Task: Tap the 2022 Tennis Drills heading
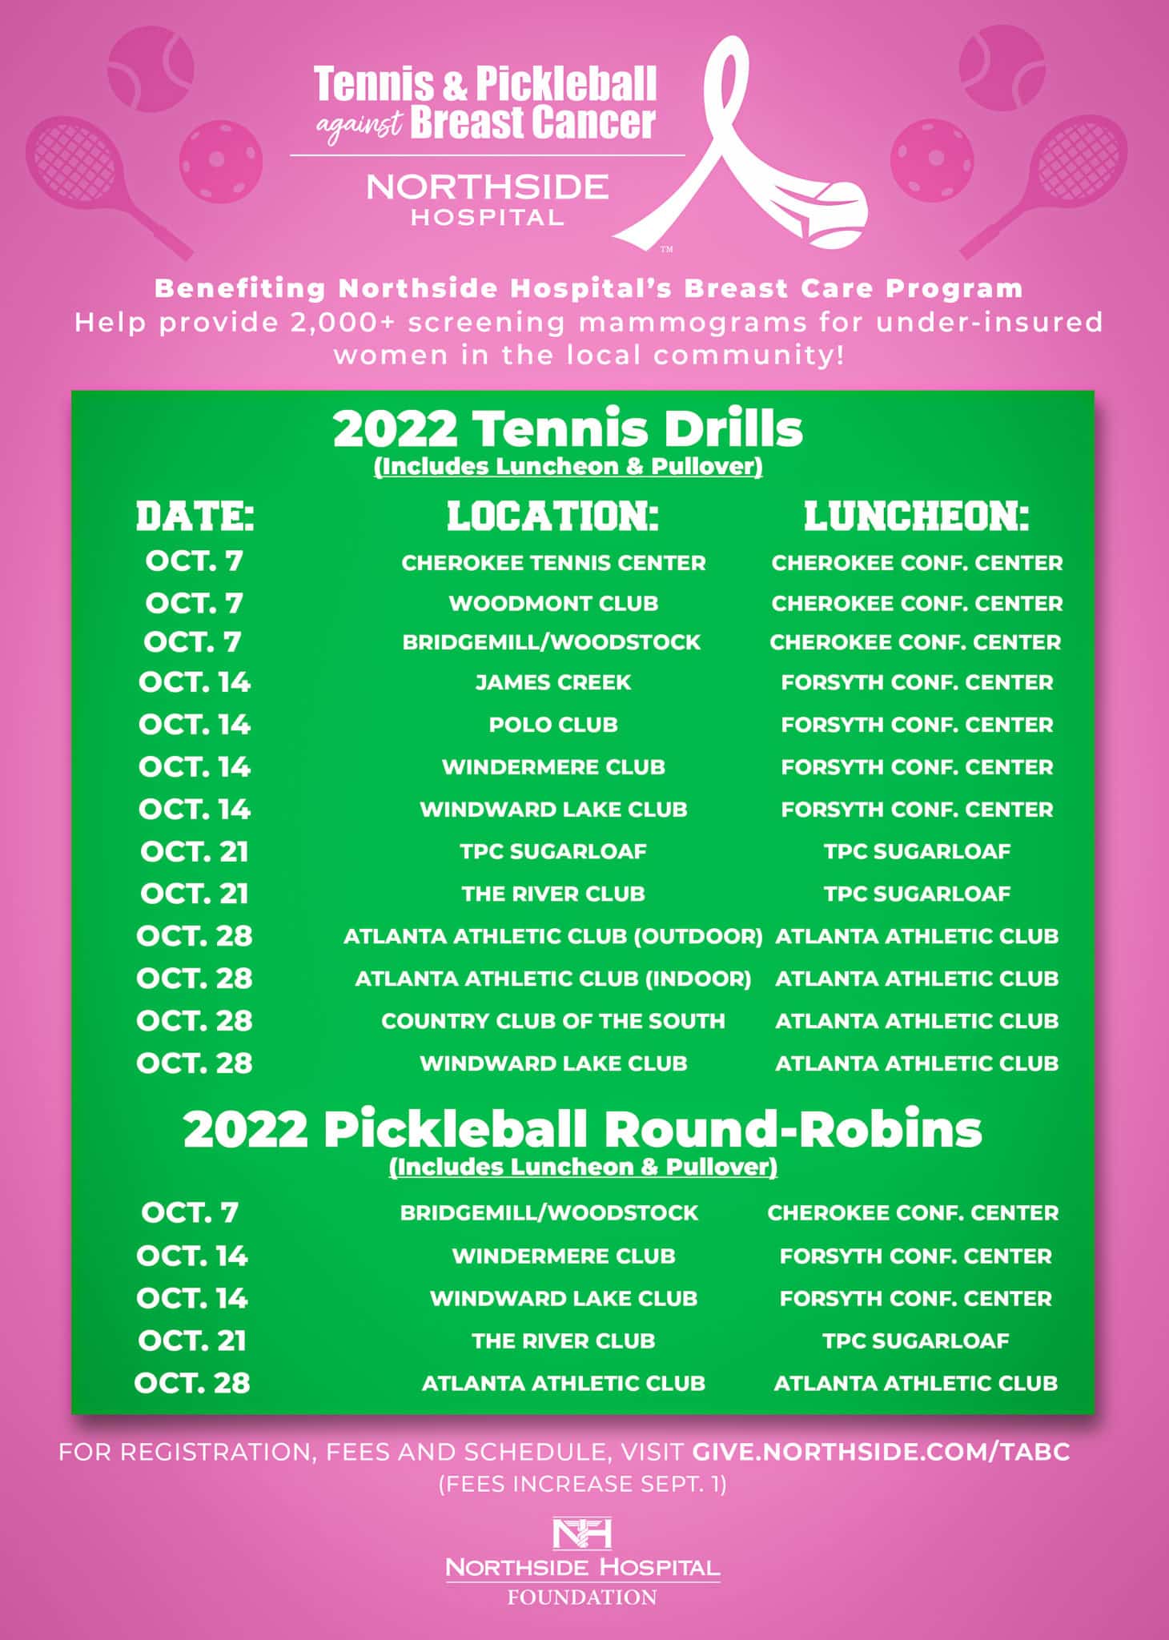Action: (568, 429)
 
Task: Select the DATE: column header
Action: (195, 517)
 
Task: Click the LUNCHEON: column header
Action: (916, 517)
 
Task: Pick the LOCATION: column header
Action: (552, 517)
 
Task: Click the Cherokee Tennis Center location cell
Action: (553, 563)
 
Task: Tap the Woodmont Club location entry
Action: (553, 603)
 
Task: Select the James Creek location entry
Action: (553, 682)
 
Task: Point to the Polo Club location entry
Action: (553, 725)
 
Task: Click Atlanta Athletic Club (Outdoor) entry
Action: (553, 936)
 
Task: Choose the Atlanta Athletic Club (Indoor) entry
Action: (553, 979)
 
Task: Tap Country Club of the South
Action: (553, 1021)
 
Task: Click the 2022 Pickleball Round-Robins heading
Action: (582, 1130)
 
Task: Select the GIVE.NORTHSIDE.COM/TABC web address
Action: (881, 1452)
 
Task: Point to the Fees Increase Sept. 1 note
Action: (582, 1484)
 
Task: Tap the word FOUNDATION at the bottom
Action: (582, 1598)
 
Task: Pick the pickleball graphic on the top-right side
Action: (932, 156)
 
